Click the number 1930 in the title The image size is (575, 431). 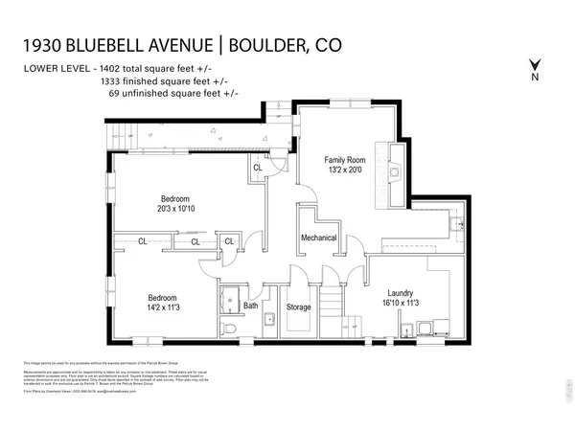pos(44,46)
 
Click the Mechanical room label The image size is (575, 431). pos(319,237)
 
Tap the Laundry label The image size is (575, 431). pos(400,292)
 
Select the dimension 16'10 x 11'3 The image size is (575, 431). pos(400,304)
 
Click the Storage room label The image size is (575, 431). pos(299,307)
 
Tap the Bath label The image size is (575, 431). pos(251,306)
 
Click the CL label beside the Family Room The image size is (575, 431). pos(258,169)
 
